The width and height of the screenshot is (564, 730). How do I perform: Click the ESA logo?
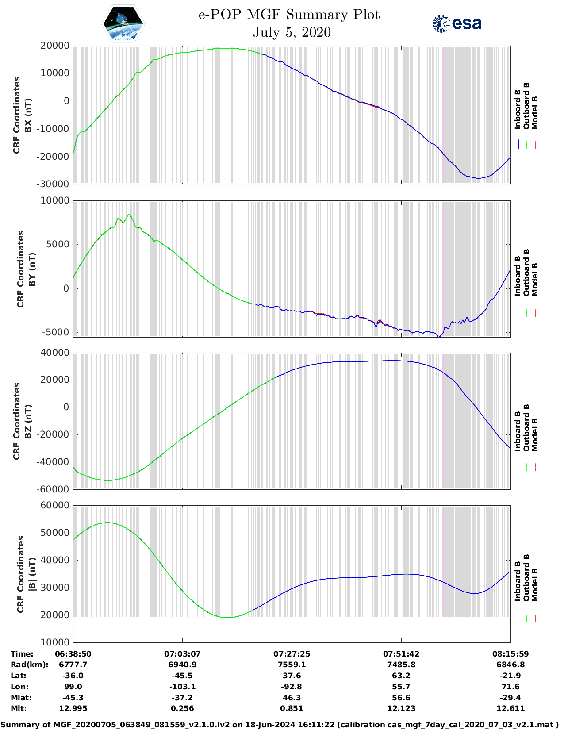457,23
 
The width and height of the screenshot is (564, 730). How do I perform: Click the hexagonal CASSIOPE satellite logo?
123,23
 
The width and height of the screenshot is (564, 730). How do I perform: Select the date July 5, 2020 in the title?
292,32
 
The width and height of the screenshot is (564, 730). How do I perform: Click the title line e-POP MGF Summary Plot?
289,15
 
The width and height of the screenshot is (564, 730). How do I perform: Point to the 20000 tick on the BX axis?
55,46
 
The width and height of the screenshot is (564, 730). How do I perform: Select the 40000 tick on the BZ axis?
55,353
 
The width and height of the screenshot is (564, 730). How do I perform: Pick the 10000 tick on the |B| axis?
55,642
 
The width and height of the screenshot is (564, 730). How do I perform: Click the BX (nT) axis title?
28,115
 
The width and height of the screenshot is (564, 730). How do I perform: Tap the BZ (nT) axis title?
28,421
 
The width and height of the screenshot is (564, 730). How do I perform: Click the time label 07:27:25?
292,654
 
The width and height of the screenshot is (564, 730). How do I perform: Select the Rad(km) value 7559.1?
292,665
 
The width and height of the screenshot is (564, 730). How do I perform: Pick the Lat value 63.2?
401,676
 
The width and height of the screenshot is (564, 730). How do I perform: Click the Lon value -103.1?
182,687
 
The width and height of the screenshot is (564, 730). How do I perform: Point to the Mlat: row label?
21,698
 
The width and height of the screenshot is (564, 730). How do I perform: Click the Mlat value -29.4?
510,698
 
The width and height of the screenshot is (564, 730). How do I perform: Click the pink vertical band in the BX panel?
443,115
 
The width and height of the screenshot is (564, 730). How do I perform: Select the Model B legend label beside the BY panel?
535,280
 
